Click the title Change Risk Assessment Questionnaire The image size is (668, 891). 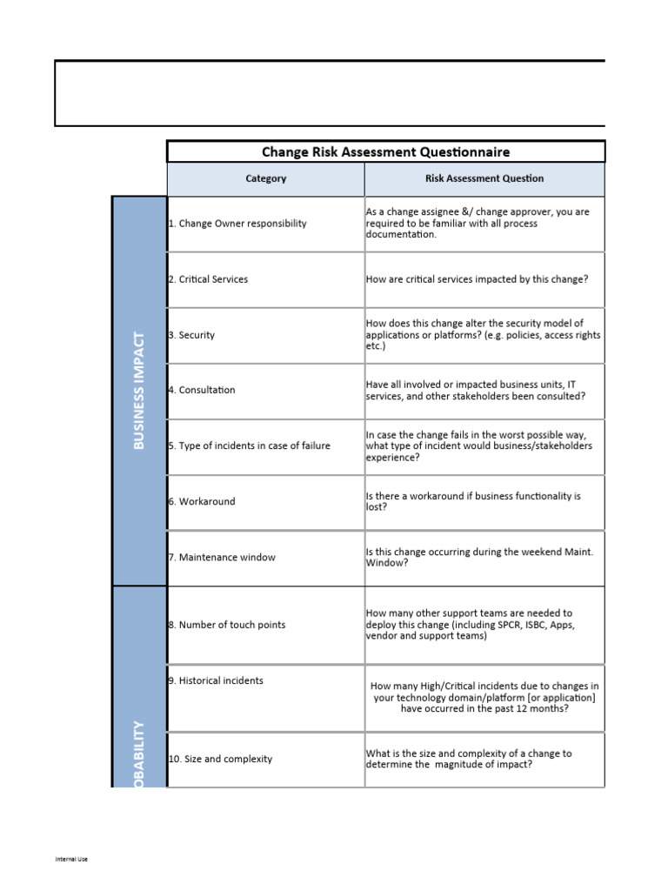[x=385, y=152]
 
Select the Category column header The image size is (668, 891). [x=265, y=178]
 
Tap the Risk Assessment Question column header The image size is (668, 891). [x=484, y=178]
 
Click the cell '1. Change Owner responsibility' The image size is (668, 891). [x=237, y=224]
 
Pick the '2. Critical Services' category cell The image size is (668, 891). [x=208, y=279]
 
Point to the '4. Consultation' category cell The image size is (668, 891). [x=202, y=390]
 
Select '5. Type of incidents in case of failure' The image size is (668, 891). [x=249, y=446]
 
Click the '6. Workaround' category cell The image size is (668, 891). [x=202, y=502]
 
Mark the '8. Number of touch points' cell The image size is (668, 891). [x=226, y=625]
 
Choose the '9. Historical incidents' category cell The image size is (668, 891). [x=216, y=680]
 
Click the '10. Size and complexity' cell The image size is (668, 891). [x=220, y=759]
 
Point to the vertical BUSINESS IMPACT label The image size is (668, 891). [x=139, y=390]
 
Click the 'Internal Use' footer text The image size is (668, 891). [x=71, y=860]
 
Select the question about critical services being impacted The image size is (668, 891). [x=477, y=279]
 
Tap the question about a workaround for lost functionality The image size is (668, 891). [x=473, y=501]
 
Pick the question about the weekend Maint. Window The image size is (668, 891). [x=479, y=557]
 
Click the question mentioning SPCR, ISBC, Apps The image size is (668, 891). [x=470, y=625]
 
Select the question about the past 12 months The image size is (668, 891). [x=484, y=697]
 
